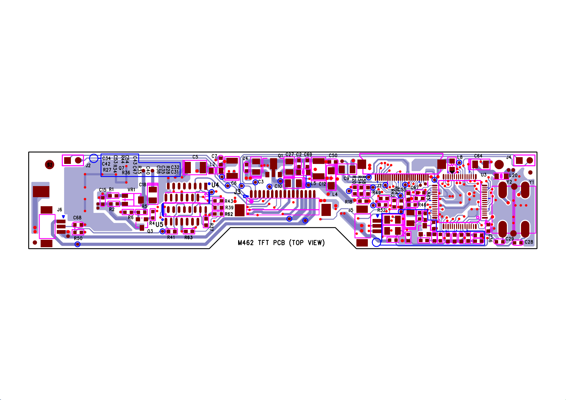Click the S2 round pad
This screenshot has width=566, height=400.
50,165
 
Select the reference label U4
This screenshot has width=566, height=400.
215,185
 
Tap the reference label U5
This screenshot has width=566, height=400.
159,224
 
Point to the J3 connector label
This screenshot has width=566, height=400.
237,192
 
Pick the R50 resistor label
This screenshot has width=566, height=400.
78,238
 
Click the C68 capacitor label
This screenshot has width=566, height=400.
77,218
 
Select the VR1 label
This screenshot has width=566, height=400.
131,190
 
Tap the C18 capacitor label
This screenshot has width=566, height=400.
143,185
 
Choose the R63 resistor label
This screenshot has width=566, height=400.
188,237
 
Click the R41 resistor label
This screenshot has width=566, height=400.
171,237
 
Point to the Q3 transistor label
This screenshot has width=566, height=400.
150,231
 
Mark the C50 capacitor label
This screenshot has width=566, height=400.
333,155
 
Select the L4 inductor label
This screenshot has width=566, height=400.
335,194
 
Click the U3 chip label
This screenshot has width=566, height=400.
483,175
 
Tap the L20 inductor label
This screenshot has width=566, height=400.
513,176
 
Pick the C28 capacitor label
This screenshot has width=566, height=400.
529,242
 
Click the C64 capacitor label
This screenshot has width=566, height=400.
478,156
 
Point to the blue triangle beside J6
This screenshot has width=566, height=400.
63,217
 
